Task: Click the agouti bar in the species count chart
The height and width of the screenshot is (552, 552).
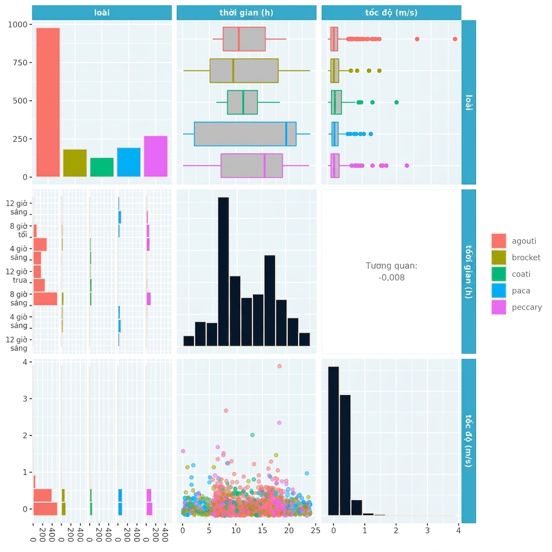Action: tap(48, 102)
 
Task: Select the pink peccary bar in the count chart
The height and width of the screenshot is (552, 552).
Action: tap(156, 156)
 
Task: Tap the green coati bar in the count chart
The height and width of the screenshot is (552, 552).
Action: tap(102, 167)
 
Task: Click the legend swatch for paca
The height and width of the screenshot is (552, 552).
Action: tap(499, 291)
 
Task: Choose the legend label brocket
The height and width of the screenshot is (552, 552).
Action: tap(526, 257)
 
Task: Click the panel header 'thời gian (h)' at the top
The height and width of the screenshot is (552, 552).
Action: tap(246, 13)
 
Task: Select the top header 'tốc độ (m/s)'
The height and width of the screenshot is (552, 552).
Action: tap(391, 13)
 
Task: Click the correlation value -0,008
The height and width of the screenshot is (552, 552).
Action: tap(391, 278)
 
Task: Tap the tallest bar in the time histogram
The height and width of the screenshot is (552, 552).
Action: tap(224, 272)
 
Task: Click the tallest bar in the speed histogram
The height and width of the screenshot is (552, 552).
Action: tap(333, 441)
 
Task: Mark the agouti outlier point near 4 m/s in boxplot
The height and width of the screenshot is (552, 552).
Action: tap(455, 39)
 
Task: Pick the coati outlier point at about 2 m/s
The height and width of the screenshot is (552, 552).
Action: tap(396, 102)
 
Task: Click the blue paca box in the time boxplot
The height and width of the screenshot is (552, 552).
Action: tap(245, 134)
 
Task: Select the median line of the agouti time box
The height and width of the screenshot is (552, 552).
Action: tap(239, 39)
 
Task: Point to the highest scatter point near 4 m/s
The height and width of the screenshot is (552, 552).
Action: tap(280, 366)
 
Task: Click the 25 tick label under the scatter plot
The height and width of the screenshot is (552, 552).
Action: tap(316, 530)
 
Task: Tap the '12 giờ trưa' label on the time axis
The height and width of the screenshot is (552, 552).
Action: tap(17, 276)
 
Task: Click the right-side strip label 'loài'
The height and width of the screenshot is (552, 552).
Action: tap(468, 102)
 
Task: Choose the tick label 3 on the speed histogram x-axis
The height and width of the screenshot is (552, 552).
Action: tap(427, 530)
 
